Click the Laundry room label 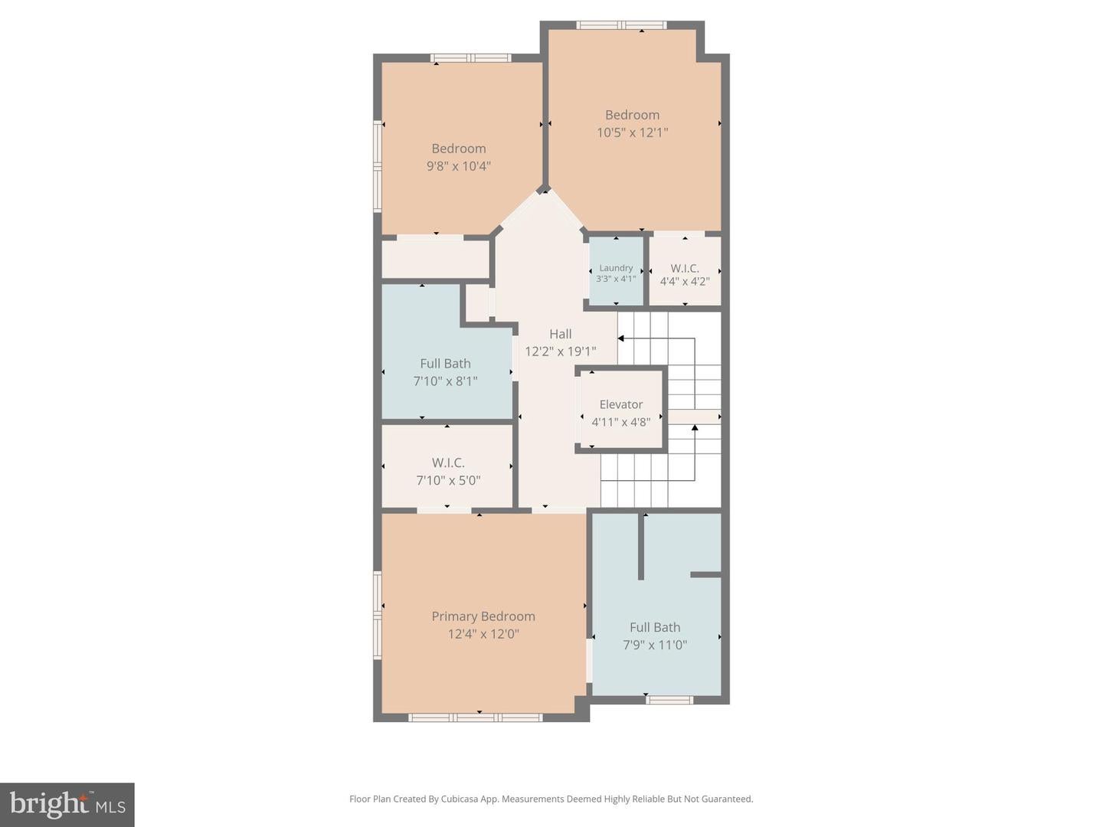point(616,268)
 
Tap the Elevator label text point(620,404)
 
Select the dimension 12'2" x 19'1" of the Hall point(560,351)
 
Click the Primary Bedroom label point(483,616)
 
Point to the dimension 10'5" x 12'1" point(632,132)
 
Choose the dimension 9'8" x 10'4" point(458,166)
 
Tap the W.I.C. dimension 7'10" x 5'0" point(448,481)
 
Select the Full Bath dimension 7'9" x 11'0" point(654,645)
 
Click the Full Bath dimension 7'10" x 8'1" point(445,381)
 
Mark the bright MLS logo point(67,804)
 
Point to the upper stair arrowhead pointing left point(621,338)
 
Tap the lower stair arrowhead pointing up point(695,428)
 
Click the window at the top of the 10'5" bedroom point(621,25)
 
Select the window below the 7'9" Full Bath point(669,699)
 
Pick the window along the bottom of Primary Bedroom point(476,717)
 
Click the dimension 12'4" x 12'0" point(483,634)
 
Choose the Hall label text point(560,334)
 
